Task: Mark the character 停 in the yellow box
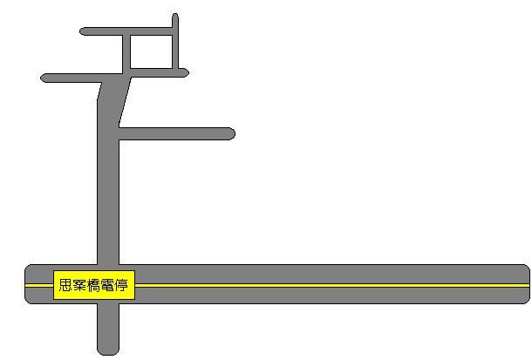(x=121, y=285)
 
